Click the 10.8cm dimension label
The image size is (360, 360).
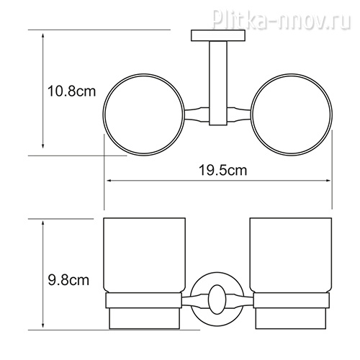[71, 91]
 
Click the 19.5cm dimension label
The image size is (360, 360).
[222, 170]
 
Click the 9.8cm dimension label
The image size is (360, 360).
[68, 280]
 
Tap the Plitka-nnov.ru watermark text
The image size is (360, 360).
[282, 17]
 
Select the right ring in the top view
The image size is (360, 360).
[333, 114]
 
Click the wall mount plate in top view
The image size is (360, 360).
[218, 35]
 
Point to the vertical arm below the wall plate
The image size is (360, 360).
[218, 83]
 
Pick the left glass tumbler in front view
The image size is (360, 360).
[144, 255]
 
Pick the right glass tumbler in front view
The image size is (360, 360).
[291, 255]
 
